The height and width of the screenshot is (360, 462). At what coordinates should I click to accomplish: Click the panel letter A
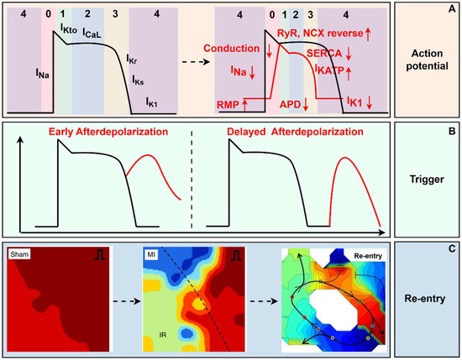[x=453, y=10]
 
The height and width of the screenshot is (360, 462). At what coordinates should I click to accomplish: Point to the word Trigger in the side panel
[x=429, y=180]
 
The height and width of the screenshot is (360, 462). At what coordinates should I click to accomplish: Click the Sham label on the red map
[x=21, y=253]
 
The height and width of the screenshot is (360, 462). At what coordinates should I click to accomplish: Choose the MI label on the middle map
[x=151, y=253]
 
